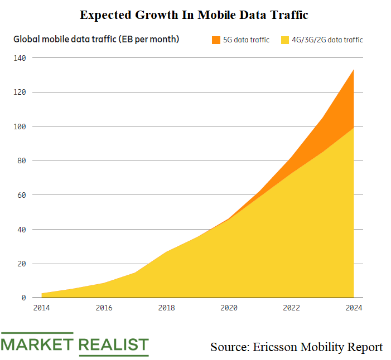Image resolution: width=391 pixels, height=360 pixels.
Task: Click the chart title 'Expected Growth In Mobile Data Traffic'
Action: pyautogui.click(x=194, y=15)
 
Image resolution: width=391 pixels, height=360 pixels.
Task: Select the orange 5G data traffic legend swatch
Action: pyautogui.click(x=216, y=40)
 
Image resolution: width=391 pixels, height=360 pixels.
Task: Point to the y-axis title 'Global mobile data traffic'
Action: pyautogui.click(x=96, y=40)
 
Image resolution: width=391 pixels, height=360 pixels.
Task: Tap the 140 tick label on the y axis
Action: pyautogui.click(x=20, y=58)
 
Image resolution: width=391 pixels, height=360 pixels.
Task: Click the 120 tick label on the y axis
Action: pyautogui.click(x=20, y=92)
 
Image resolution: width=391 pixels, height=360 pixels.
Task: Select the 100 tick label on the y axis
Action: pyautogui.click(x=20, y=127)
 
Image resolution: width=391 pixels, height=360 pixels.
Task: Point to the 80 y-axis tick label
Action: pyautogui.click(x=21, y=161)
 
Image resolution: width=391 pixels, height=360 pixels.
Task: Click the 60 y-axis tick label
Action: pyautogui.click(x=21, y=195)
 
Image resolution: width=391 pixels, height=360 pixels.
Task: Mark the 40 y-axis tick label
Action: pyautogui.click(x=21, y=230)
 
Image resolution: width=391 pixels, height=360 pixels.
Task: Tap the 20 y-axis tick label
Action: pyautogui.click(x=21, y=264)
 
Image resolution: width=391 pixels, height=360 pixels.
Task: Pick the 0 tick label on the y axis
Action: pyautogui.click(x=23, y=298)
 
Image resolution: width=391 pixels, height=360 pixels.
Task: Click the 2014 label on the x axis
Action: pyautogui.click(x=41, y=308)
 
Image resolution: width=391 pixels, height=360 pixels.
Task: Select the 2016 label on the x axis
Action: pyautogui.click(x=104, y=308)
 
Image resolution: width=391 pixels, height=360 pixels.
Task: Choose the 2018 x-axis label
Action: pyautogui.click(x=166, y=308)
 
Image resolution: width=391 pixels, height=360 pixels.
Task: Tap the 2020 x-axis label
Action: pyautogui.click(x=229, y=308)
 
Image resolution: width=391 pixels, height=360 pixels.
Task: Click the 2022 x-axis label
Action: pyautogui.click(x=291, y=308)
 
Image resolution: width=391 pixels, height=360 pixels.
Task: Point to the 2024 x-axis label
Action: pyautogui.click(x=354, y=308)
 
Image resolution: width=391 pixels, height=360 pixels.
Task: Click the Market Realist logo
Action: pyautogui.click(x=75, y=344)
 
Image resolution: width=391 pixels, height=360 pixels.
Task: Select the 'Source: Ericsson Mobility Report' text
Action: pyautogui.click(x=296, y=347)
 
